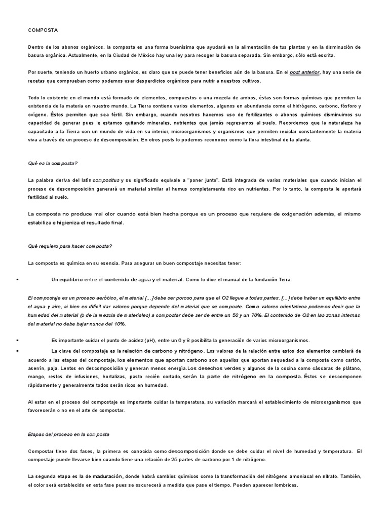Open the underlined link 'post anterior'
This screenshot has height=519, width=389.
pyautogui.click(x=304, y=73)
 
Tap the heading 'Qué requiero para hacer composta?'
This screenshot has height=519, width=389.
pyautogui.click(x=70, y=246)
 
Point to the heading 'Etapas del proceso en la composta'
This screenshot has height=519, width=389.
pyautogui.click(x=68, y=434)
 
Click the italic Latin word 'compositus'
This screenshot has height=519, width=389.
pyautogui.click(x=106, y=180)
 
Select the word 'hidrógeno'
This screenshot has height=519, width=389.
pyautogui.click(x=305, y=106)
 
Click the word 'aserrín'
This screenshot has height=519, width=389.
pyautogui.click(x=37, y=368)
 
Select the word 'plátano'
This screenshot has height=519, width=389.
pyautogui.click(x=350, y=368)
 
